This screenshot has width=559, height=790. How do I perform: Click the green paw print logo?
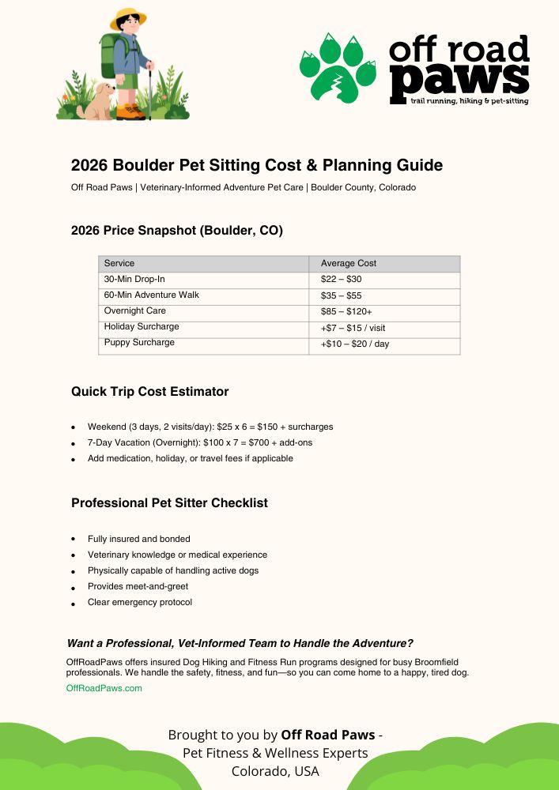point(338,68)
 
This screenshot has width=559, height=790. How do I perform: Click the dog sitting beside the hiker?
point(97,103)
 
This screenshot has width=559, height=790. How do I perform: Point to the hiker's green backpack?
point(108,55)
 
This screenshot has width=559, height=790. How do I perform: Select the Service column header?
point(119,263)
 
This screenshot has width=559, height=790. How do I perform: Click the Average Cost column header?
point(348,263)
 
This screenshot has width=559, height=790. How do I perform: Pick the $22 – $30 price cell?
point(341,280)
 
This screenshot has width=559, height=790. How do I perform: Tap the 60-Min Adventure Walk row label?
point(151,295)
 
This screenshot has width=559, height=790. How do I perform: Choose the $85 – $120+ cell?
point(346,311)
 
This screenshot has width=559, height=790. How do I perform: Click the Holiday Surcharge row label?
point(142,327)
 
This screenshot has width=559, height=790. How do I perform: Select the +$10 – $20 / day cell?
point(354,344)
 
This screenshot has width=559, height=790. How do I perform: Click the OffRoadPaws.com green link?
point(104,688)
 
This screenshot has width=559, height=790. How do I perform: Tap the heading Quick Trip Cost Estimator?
point(149,391)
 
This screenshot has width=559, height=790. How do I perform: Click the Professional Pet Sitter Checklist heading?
point(169,503)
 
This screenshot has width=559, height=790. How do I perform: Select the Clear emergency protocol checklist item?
point(139,602)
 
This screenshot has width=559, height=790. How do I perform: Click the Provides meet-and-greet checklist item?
point(138,586)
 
